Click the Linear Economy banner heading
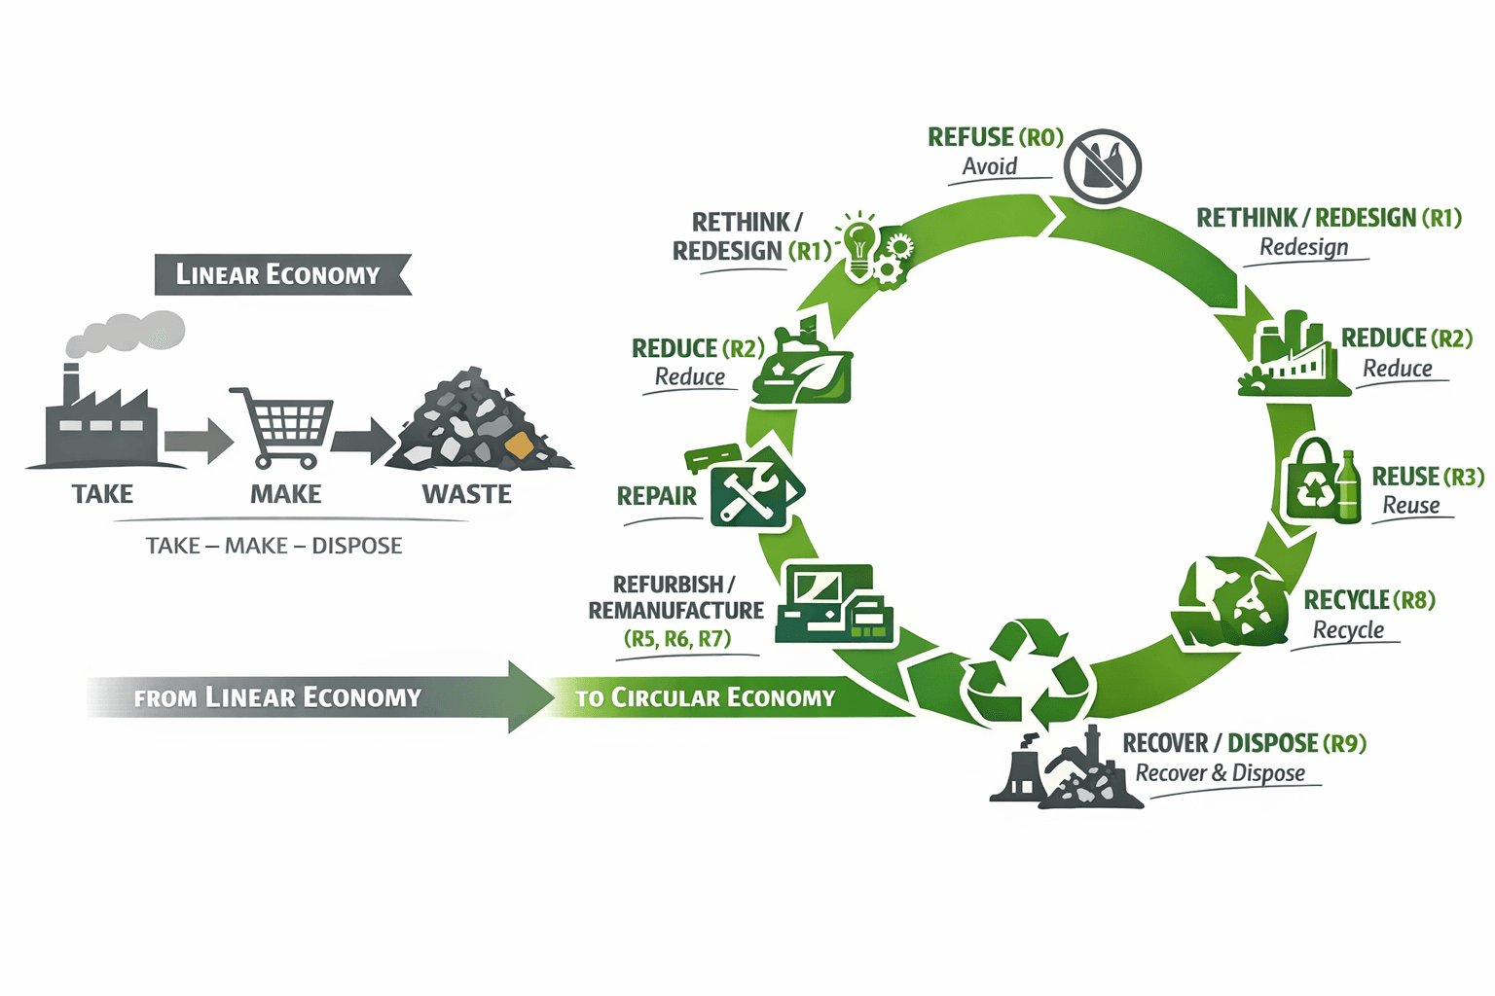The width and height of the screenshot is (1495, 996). tap(278, 274)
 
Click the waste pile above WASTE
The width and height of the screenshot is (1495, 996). tap(477, 423)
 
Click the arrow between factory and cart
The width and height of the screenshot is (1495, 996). tap(198, 442)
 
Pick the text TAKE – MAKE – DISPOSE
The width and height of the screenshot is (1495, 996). tap(273, 546)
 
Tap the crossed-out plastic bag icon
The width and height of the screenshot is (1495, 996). tap(1102, 166)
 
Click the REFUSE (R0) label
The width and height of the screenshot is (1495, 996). tap(995, 137)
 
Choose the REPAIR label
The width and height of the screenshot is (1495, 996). tap(657, 496)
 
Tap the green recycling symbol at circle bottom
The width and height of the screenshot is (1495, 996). tap(1028, 672)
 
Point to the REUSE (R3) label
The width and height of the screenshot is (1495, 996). tap(1428, 477)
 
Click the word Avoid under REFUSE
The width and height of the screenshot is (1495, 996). tap(990, 166)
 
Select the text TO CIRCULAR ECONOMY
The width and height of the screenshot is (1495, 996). tap(705, 697)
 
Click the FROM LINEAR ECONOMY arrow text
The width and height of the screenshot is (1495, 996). tap(277, 697)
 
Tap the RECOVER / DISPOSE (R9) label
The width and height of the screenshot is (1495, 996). tap(1244, 743)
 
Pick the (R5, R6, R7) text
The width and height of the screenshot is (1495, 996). tap(677, 639)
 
